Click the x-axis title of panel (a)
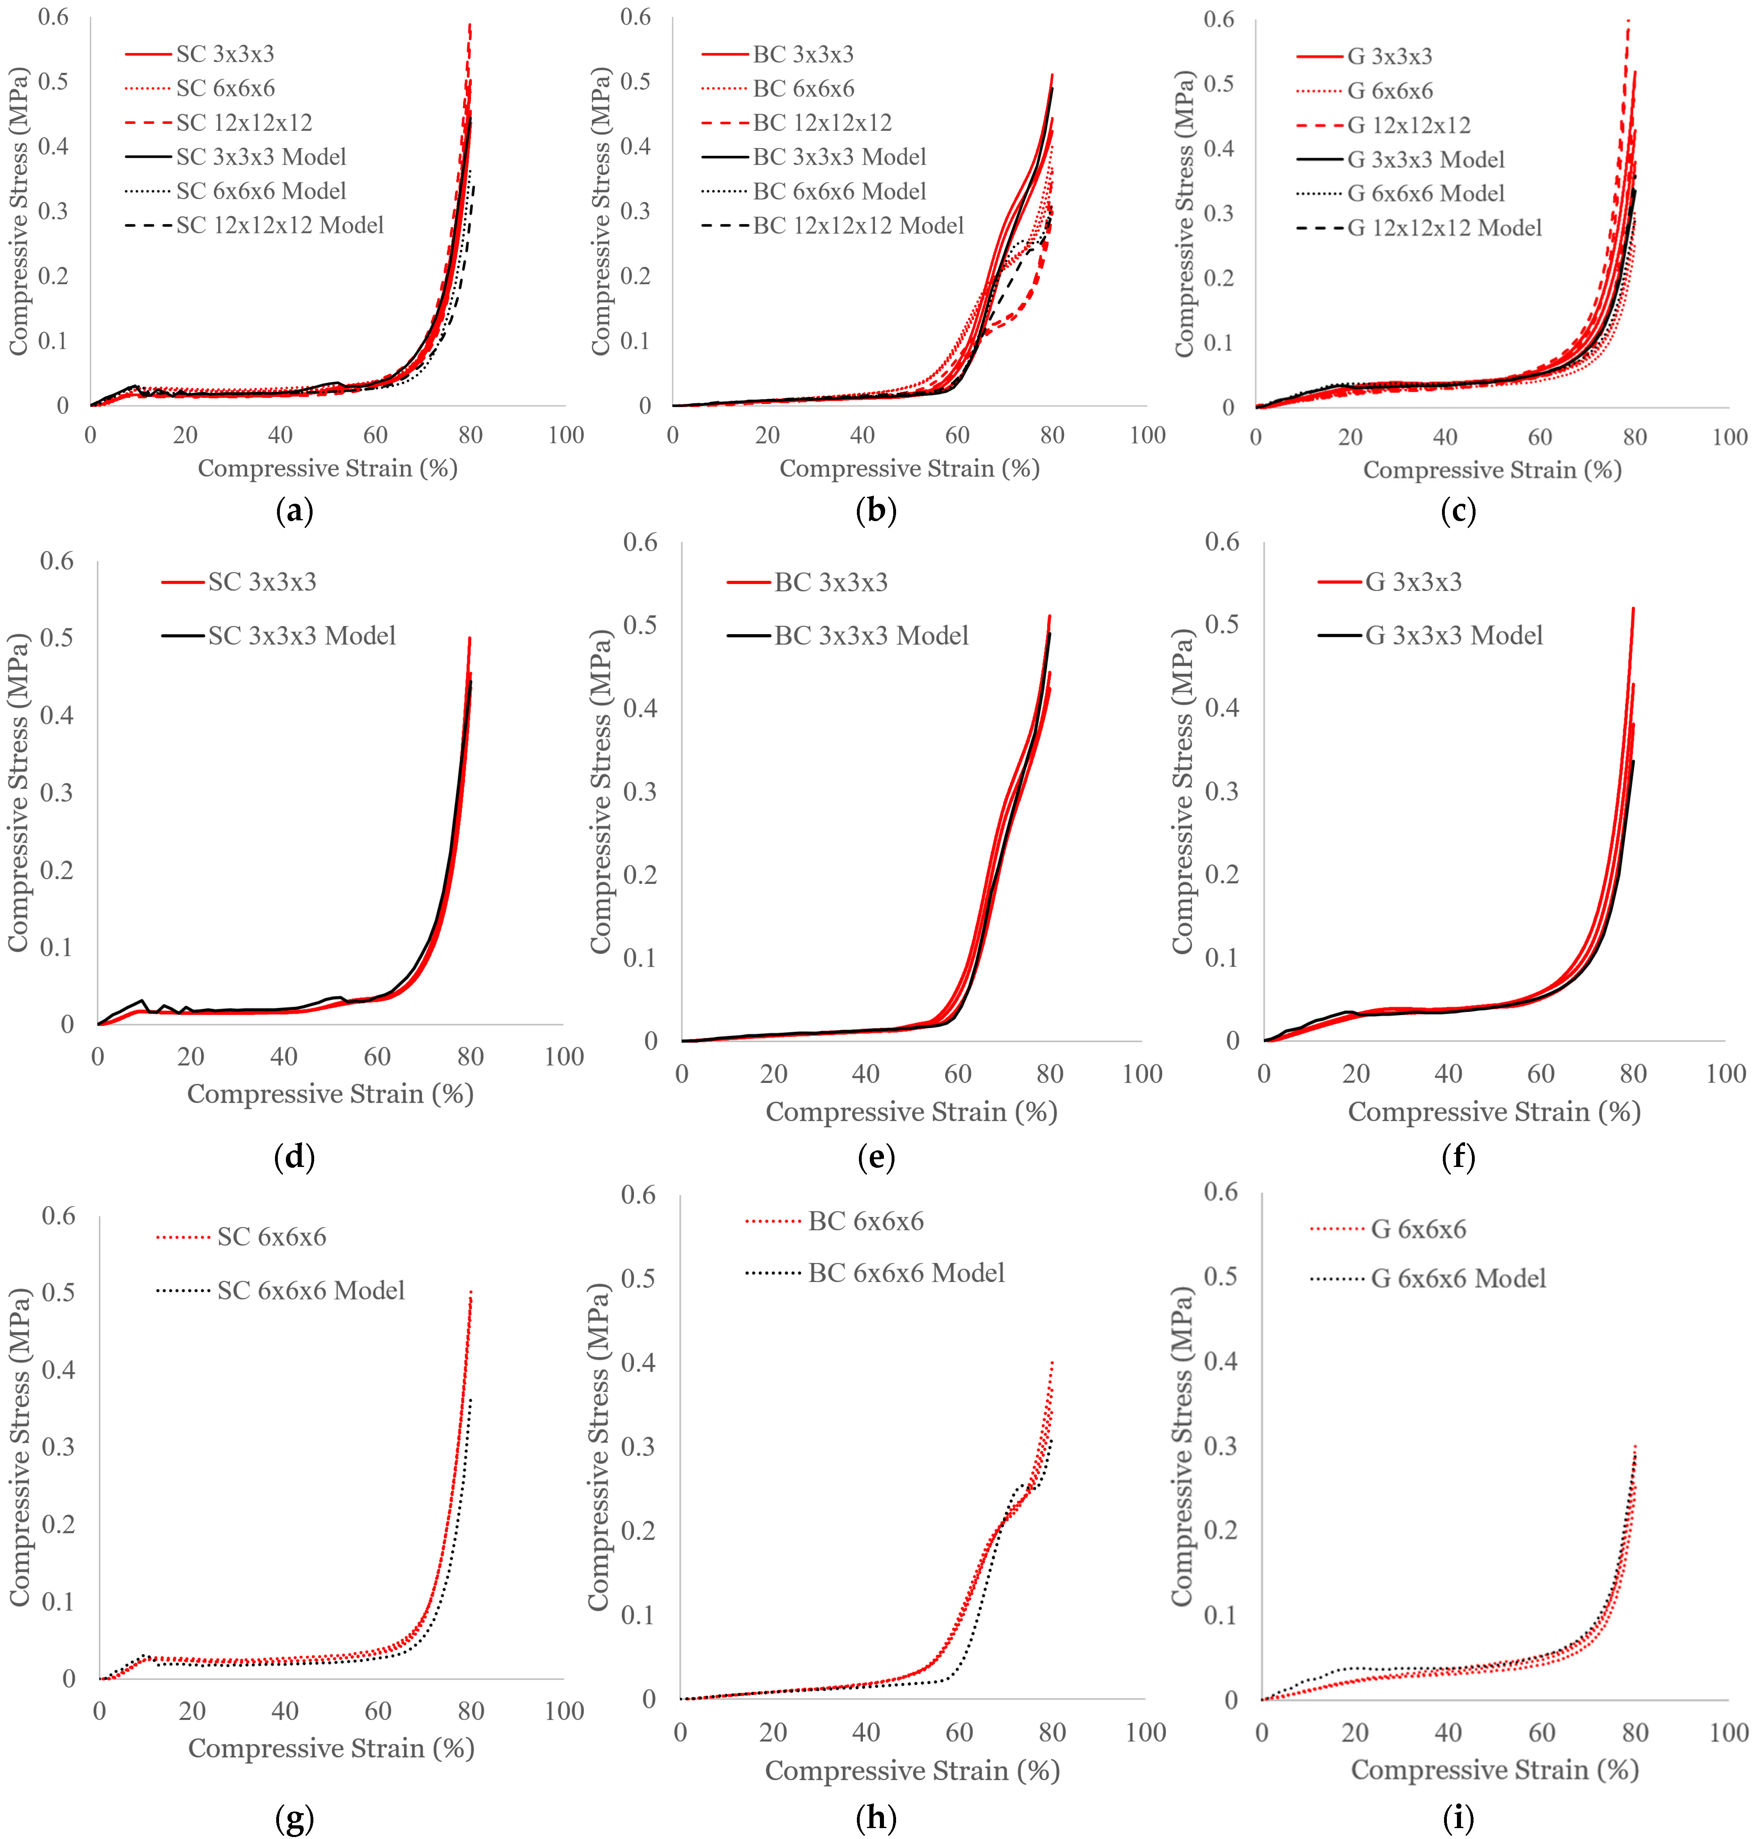tap(328, 468)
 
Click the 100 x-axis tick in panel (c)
tap(1729, 437)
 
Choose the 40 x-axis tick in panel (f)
tap(1448, 1074)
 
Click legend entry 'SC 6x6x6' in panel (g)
tap(272, 1237)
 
